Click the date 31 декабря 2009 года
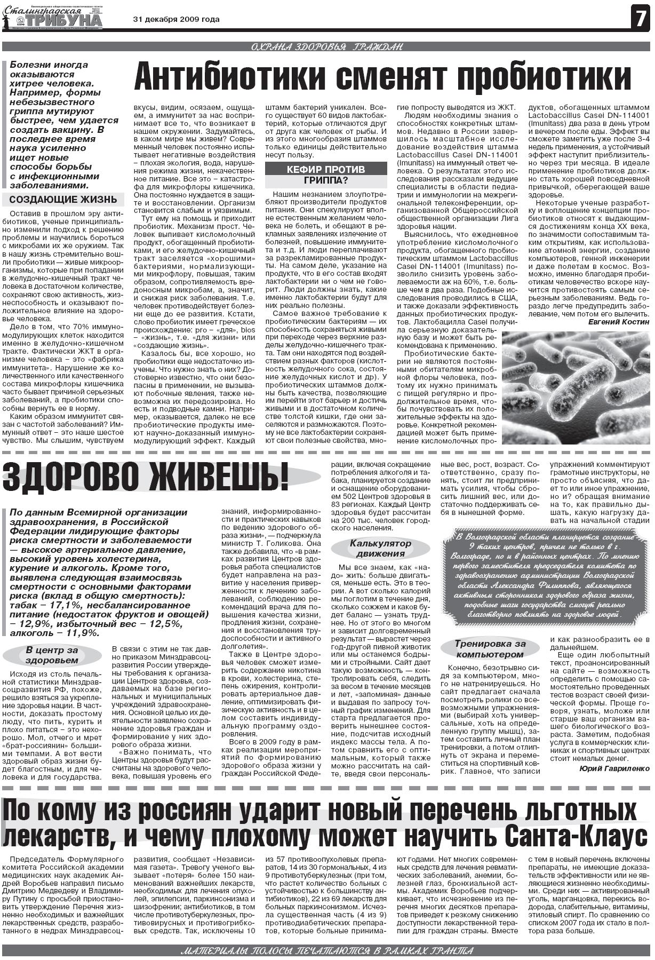(x=176, y=20)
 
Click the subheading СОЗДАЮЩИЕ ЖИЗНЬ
(x=63, y=200)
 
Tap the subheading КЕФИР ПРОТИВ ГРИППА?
(x=326, y=174)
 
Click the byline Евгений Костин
(x=619, y=322)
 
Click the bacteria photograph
(x=576, y=387)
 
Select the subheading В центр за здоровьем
(x=52, y=655)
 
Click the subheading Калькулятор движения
(x=380, y=548)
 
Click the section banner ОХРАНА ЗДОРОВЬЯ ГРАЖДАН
(x=326, y=47)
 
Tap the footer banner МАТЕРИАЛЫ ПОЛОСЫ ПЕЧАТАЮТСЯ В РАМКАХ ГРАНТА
(x=326, y=950)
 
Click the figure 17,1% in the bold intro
(x=61, y=605)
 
